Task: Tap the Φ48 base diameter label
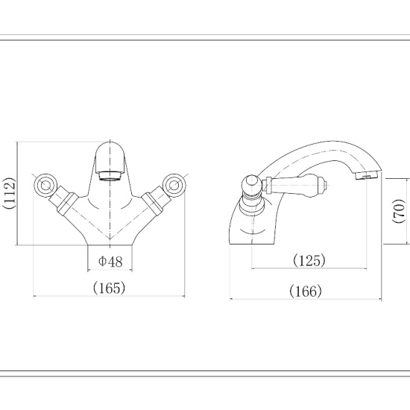click(x=110, y=261)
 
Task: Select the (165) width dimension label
click(x=109, y=286)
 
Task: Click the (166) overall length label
click(x=305, y=291)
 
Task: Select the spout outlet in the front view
click(x=110, y=177)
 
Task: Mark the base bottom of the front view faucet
click(x=110, y=243)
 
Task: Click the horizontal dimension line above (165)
click(x=109, y=297)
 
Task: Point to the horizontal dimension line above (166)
click(x=305, y=300)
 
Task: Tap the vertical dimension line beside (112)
click(x=18, y=194)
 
